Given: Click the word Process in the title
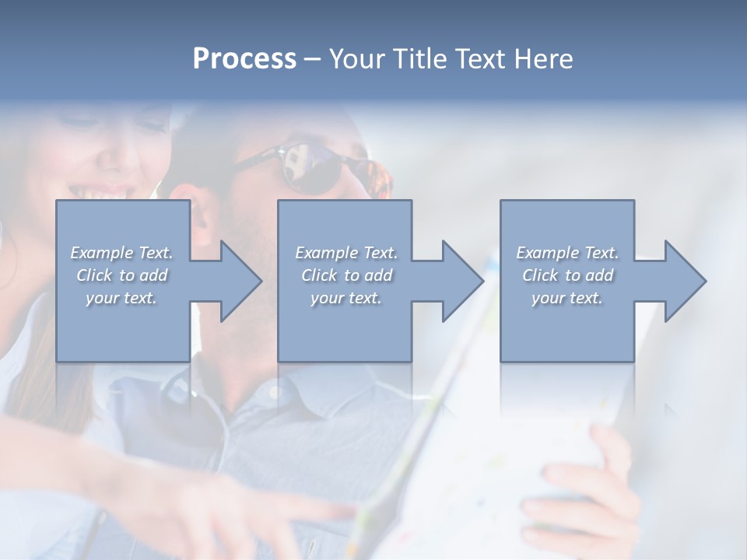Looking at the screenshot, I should (x=244, y=59).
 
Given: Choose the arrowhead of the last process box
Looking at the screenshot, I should (x=683, y=282).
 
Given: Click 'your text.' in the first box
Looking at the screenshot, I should (x=121, y=298).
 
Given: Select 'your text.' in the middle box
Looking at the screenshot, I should (x=345, y=298).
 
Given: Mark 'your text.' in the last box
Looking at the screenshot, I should (x=567, y=298).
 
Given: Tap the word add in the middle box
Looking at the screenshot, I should (x=378, y=275).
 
